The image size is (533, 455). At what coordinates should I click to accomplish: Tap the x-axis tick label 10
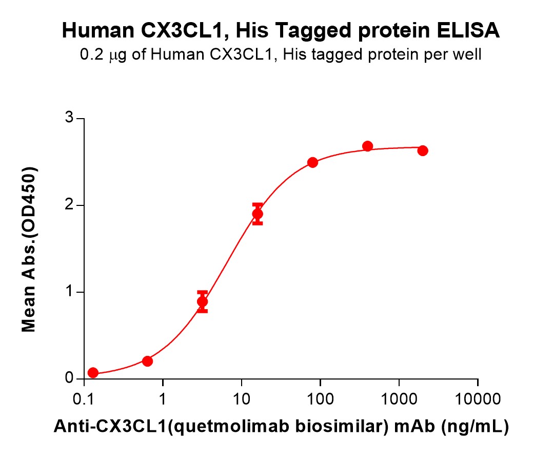(242, 399)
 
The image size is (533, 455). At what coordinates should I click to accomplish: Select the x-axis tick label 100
(320, 399)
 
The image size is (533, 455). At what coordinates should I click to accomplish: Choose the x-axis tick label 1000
(399, 399)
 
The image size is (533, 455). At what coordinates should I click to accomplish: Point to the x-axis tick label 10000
(478, 399)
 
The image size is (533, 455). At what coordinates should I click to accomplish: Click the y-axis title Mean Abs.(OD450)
(30, 249)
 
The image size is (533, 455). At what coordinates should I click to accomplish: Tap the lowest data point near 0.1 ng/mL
(93, 373)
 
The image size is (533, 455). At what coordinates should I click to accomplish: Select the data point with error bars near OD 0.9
(203, 301)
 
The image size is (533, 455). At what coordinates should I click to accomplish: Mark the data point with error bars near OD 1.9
(258, 214)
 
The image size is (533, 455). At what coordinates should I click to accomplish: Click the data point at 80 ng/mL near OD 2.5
(312, 162)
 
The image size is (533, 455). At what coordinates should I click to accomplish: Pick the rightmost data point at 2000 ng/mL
(423, 150)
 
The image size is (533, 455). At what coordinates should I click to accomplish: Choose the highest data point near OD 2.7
(367, 146)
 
